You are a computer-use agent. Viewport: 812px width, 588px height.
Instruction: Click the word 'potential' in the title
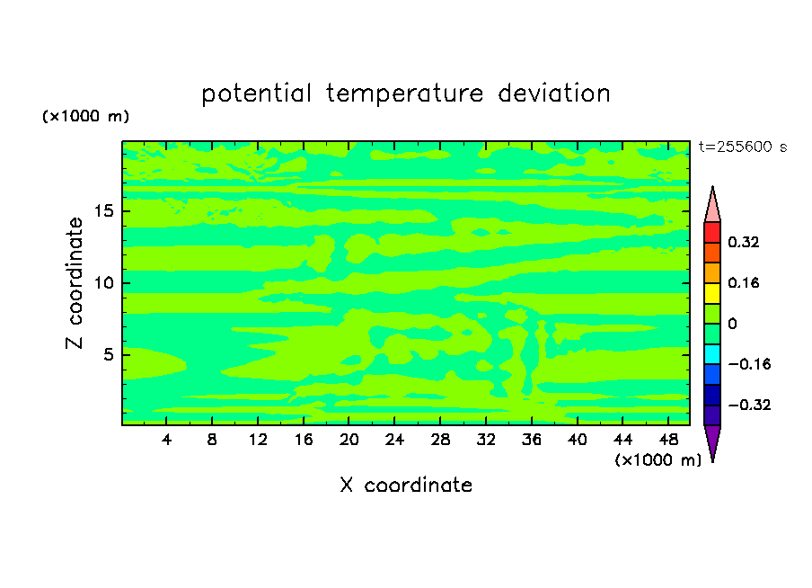point(256,94)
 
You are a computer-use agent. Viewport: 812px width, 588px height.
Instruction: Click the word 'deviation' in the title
point(554,93)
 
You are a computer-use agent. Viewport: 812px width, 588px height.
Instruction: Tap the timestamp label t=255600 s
point(743,147)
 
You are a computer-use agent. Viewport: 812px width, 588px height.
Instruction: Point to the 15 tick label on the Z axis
point(103,211)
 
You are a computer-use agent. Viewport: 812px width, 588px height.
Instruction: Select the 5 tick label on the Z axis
point(108,354)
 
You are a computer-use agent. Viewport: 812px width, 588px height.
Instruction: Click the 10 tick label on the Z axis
point(103,282)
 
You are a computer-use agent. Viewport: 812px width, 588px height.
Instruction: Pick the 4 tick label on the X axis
point(166,440)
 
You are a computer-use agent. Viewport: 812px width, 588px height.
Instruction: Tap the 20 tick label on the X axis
point(349,440)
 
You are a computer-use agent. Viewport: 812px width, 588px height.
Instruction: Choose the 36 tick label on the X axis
point(532,440)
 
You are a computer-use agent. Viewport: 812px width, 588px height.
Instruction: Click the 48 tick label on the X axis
point(668,440)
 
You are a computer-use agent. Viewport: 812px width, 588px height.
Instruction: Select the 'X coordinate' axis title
point(406,485)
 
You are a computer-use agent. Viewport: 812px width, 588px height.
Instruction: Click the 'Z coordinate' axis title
point(75,282)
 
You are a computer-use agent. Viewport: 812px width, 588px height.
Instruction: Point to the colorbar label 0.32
point(743,242)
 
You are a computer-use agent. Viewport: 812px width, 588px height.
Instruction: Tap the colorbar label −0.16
point(749,364)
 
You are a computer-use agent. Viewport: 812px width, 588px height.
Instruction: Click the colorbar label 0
point(732,324)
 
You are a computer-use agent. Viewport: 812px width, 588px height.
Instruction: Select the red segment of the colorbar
point(712,232)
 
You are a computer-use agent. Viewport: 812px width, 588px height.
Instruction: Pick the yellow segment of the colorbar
point(712,293)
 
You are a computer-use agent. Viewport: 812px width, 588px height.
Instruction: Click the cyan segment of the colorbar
point(712,354)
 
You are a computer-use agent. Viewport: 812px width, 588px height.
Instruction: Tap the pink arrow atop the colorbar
point(712,205)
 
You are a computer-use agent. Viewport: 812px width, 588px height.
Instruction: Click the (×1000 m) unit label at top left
point(85,116)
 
